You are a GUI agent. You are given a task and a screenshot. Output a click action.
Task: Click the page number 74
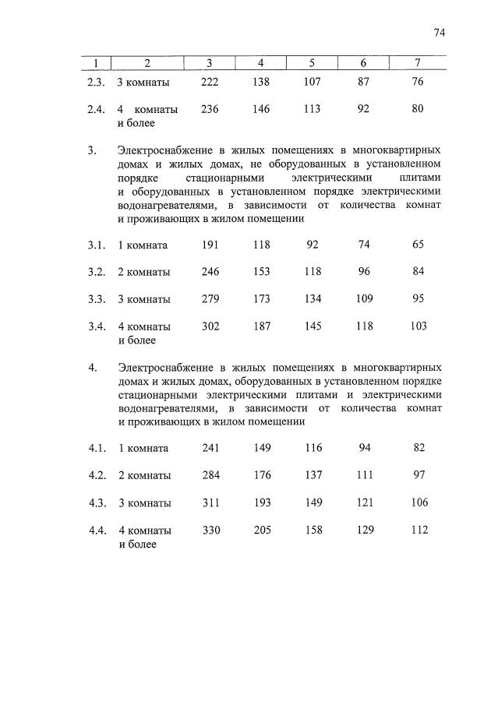click(439, 33)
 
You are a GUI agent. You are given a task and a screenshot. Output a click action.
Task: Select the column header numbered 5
click(312, 63)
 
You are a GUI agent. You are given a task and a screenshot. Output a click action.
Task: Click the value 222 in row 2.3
click(210, 82)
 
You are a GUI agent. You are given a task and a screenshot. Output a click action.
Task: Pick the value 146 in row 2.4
click(261, 110)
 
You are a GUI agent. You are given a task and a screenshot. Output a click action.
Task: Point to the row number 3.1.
click(97, 245)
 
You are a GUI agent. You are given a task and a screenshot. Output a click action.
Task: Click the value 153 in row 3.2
click(261, 272)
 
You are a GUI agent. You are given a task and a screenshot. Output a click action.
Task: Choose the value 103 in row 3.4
click(418, 326)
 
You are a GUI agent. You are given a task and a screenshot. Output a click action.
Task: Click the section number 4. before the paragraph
click(93, 366)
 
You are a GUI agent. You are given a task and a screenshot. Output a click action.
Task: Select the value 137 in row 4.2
click(313, 475)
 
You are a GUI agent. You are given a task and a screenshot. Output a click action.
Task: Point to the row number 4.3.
click(97, 502)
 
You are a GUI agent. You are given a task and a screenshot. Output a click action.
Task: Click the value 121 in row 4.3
click(363, 502)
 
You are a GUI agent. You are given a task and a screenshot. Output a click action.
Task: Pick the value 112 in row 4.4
click(419, 530)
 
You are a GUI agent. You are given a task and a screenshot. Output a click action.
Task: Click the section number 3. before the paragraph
click(93, 149)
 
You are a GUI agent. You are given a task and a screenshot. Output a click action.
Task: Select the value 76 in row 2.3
click(418, 82)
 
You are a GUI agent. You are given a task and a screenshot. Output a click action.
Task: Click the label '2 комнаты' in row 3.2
click(144, 273)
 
